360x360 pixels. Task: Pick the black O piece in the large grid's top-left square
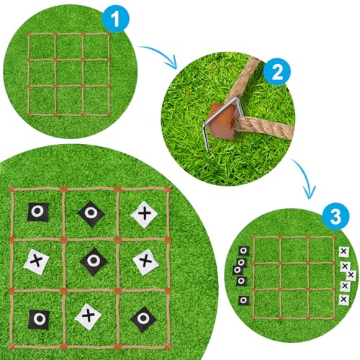[37, 212]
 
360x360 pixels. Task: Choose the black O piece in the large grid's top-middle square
[91, 212]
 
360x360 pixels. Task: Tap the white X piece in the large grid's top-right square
[145, 212]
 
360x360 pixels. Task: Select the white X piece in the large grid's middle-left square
[37, 260]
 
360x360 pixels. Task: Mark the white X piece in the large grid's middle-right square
[145, 260]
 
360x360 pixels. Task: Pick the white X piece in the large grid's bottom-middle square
[89, 314]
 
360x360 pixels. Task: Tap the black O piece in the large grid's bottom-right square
[143, 318]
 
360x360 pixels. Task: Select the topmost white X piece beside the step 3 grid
[343, 251]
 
